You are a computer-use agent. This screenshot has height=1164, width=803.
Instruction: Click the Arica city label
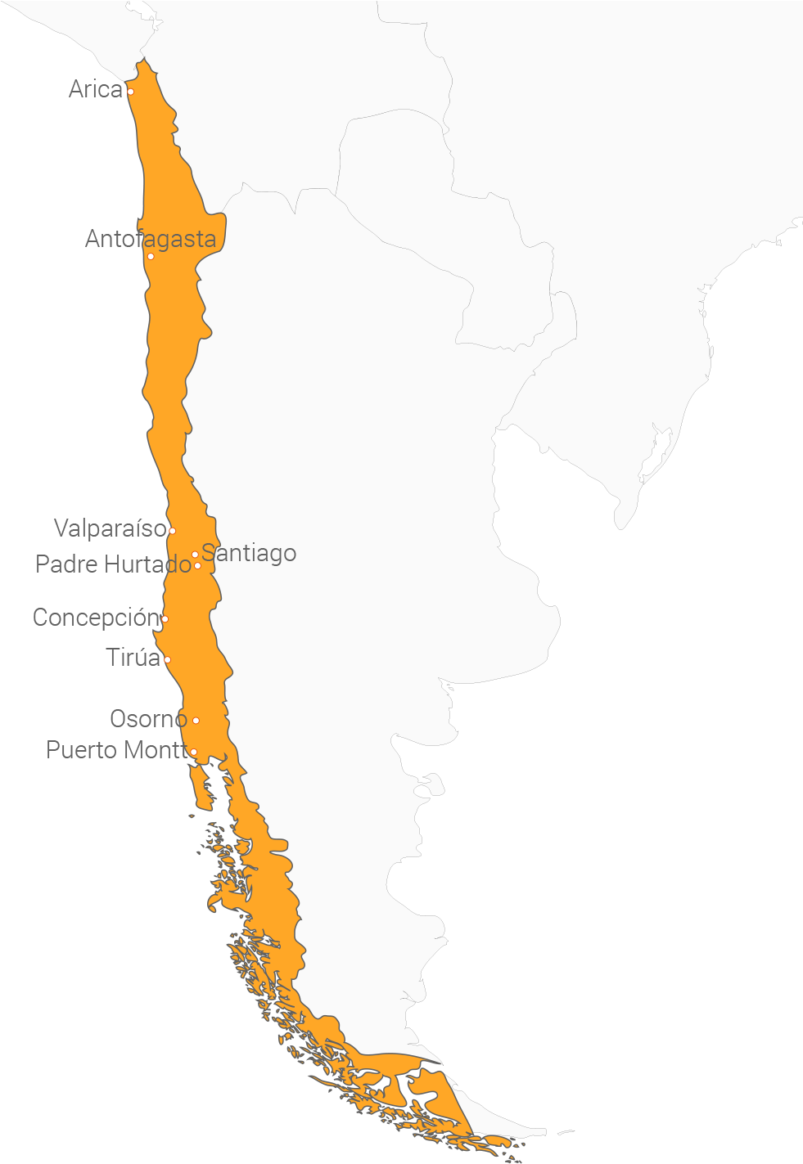pyautogui.click(x=96, y=89)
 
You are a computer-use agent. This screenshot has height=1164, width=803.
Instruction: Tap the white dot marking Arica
pyautogui.click(x=130, y=92)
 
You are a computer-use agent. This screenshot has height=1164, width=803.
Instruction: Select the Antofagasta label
pyautogui.click(x=151, y=239)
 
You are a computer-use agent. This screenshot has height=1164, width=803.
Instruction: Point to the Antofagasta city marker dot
pyautogui.click(x=151, y=257)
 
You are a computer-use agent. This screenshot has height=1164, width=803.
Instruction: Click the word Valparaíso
pyautogui.click(x=110, y=528)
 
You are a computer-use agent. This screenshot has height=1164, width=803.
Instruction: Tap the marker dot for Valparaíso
pyautogui.click(x=172, y=531)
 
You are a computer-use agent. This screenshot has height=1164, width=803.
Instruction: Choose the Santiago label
pyautogui.click(x=250, y=554)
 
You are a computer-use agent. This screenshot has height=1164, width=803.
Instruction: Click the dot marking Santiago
pyautogui.click(x=195, y=555)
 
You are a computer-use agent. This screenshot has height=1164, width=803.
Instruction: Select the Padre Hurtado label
pyautogui.click(x=113, y=564)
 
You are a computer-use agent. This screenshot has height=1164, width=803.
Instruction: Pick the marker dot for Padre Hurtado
pyautogui.click(x=197, y=566)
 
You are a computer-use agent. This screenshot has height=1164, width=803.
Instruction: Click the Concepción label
pyautogui.click(x=95, y=618)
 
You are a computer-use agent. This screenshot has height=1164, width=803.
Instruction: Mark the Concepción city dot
pyautogui.click(x=165, y=619)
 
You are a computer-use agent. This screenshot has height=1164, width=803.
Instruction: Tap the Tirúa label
pyautogui.click(x=133, y=658)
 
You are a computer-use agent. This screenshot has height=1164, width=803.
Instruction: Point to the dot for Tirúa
pyautogui.click(x=167, y=660)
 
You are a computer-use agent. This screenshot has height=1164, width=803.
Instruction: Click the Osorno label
pyautogui.click(x=148, y=719)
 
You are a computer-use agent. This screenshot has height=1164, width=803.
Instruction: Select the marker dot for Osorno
pyautogui.click(x=196, y=721)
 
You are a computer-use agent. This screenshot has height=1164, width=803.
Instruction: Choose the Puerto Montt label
pyautogui.click(x=117, y=750)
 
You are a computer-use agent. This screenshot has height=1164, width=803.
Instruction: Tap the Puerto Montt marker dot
pyautogui.click(x=193, y=752)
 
